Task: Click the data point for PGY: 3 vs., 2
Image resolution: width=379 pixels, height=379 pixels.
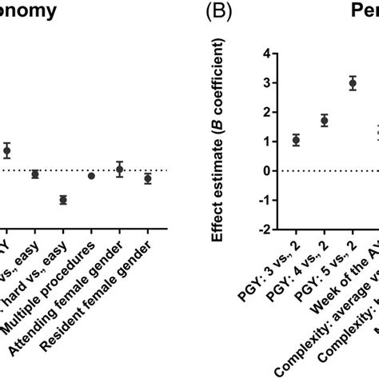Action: (x=297, y=140)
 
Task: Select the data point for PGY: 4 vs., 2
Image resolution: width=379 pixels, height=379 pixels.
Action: (x=325, y=121)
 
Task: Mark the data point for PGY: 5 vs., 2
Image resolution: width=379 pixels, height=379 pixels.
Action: (x=353, y=83)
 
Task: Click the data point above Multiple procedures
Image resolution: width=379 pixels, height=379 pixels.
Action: (x=91, y=175)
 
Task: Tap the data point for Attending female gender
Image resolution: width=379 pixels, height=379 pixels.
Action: (x=120, y=169)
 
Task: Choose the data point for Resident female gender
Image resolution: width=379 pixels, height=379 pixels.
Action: (x=148, y=178)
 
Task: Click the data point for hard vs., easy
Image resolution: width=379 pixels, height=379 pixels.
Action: (x=63, y=199)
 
